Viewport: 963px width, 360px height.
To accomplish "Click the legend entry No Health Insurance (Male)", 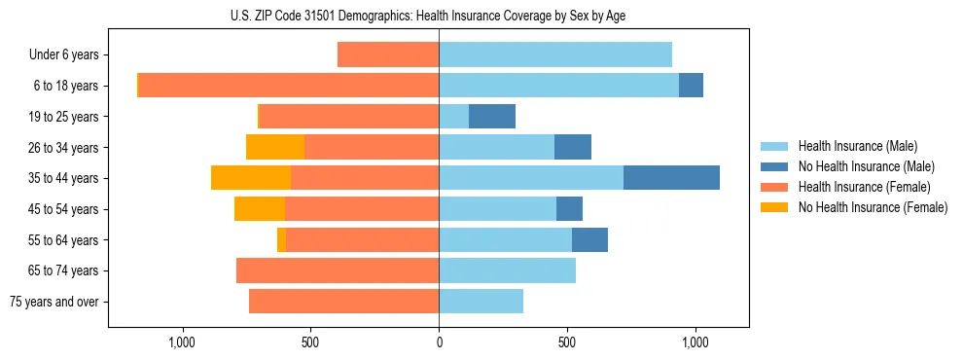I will click(866, 166).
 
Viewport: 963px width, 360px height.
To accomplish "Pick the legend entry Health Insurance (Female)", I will click(864, 187).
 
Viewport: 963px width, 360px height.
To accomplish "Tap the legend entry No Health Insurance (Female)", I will click(873, 207).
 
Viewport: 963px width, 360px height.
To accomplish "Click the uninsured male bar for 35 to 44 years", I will click(671, 178).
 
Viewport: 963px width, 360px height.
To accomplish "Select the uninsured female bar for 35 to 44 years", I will click(251, 178).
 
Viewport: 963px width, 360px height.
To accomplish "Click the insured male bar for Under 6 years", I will click(555, 54).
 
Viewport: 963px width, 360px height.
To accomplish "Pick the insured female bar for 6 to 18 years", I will click(289, 86).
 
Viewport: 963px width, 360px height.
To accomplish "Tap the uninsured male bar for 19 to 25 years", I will click(492, 117).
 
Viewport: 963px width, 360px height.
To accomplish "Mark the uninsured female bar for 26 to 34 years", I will click(275, 147).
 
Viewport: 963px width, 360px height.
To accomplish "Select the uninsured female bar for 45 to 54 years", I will click(260, 209).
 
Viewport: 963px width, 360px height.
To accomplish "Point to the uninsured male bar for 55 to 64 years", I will click(589, 239).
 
